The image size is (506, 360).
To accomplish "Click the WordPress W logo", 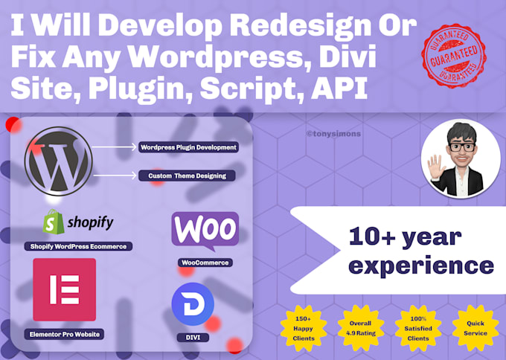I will pyautogui.click(x=58, y=160).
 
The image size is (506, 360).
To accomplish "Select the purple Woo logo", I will pyautogui.click(x=205, y=229).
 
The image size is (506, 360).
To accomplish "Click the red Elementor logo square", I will pyautogui.click(x=64, y=289).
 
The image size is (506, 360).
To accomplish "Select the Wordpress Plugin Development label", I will pyautogui.click(x=188, y=147).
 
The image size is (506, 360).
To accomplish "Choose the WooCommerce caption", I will pyautogui.click(x=205, y=263).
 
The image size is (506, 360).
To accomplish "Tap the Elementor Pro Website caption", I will pyautogui.click(x=64, y=334).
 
